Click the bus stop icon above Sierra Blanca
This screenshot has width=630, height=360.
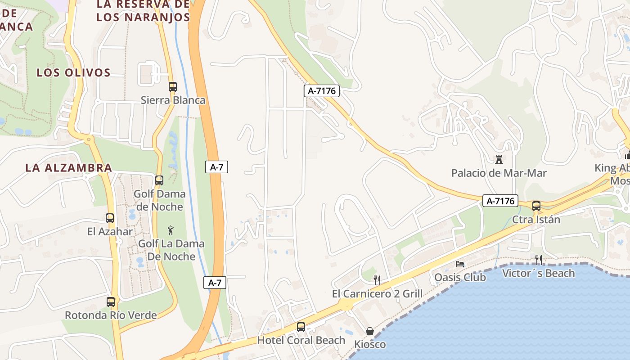tap(173, 87)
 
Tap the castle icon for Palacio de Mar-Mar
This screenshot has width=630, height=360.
tap(499, 159)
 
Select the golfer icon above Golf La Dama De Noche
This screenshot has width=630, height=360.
tap(171, 231)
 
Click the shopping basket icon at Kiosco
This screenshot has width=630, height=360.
tap(369, 332)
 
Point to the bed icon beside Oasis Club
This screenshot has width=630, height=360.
tap(460, 264)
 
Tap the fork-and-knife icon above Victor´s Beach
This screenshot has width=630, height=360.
tap(538, 260)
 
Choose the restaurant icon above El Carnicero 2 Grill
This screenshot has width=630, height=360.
tap(377, 280)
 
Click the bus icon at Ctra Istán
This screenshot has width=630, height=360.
tap(536, 206)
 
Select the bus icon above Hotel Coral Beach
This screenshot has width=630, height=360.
tap(301, 327)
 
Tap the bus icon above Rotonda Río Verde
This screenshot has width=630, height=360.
tap(111, 302)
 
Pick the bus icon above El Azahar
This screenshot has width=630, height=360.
tap(110, 218)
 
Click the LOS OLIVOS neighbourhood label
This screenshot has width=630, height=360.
tap(74, 72)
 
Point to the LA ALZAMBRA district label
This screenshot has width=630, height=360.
tap(68, 168)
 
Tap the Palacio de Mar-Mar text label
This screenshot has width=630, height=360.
tap(499, 173)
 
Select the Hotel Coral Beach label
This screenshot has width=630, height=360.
tap(301, 340)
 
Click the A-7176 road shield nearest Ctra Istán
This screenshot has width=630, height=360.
tap(500, 201)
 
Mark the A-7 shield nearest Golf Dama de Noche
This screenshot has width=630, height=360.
tap(216, 167)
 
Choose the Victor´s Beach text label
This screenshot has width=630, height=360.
tap(538, 273)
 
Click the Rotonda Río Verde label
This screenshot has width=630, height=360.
tap(111, 315)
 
